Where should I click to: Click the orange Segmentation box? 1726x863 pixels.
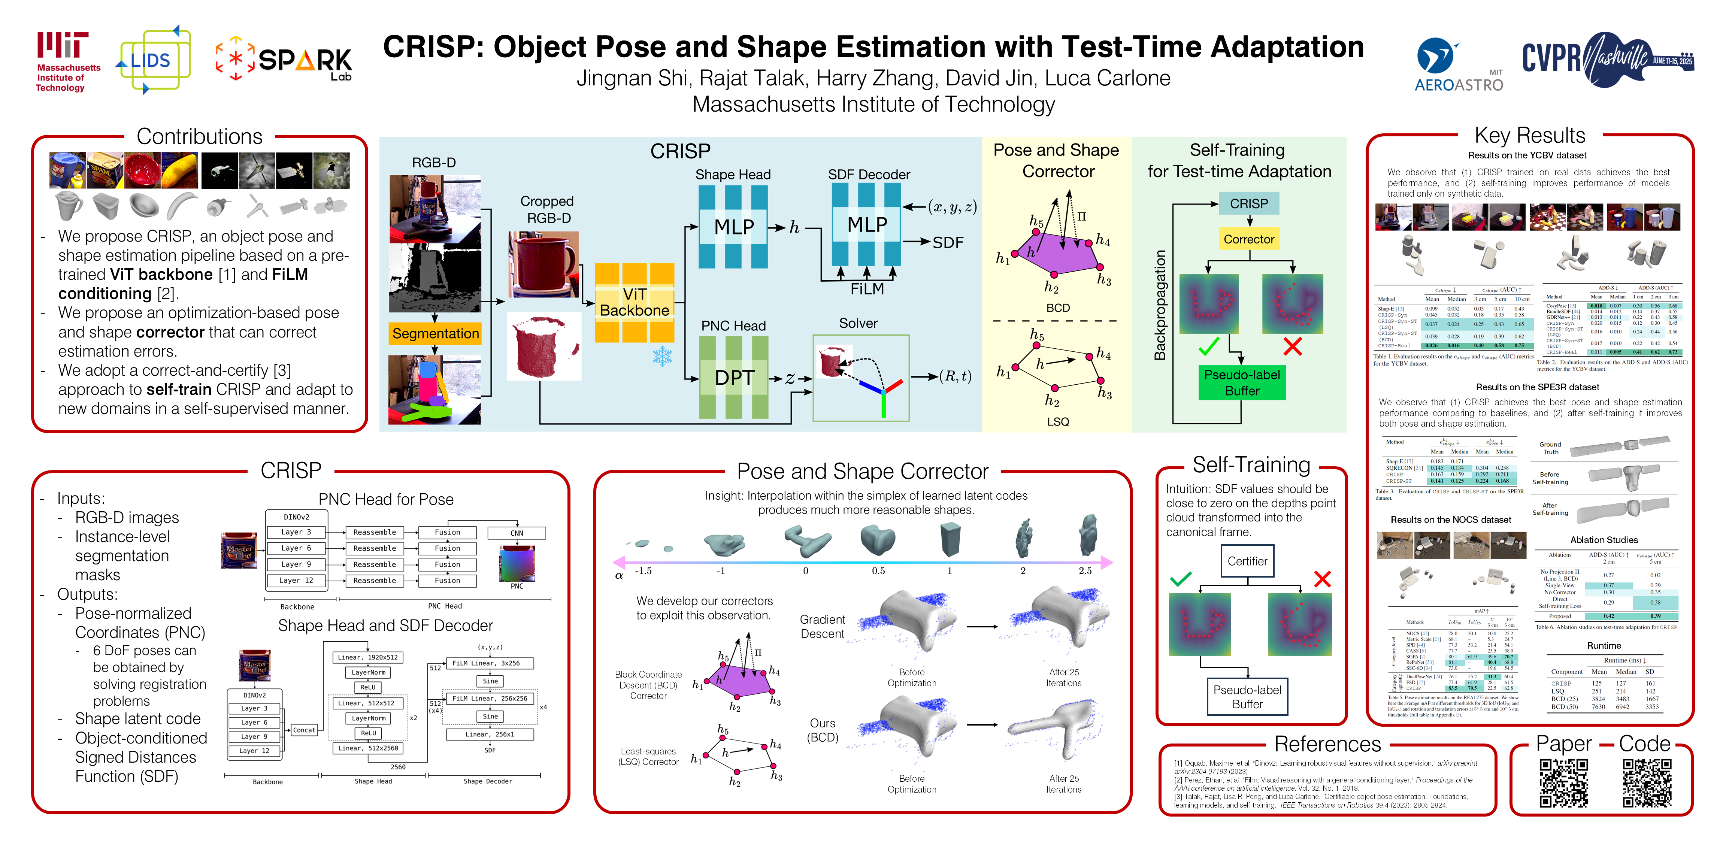[435, 333]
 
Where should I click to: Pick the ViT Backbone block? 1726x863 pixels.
[634, 303]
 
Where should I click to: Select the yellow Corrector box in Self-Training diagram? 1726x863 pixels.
[1248, 239]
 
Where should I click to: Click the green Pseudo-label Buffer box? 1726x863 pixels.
[1242, 382]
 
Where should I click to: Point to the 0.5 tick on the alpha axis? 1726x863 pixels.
[878, 571]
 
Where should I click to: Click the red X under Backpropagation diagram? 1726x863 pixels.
[1292, 346]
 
